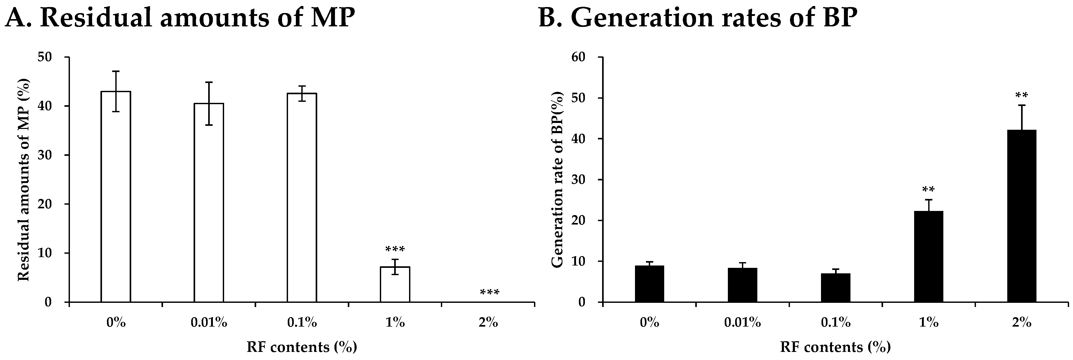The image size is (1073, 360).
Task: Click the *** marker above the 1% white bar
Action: [x=395, y=250]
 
